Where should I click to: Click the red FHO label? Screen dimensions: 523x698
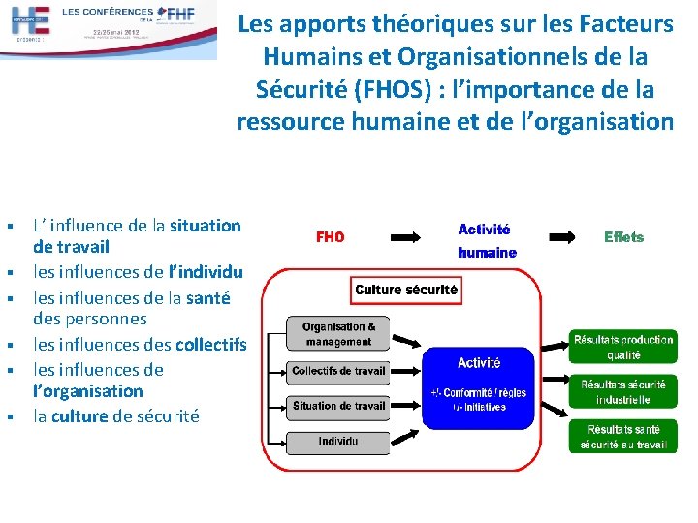(x=331, y=237)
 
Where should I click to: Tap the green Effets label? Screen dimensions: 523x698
(x=623, y=237)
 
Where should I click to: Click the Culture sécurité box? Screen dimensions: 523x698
(x=406, y=290)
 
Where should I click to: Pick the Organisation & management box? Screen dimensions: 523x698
(x=338, y=334)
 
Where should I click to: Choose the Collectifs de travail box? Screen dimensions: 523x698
(x=338, y=370)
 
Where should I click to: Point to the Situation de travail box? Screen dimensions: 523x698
(x=338, y=407)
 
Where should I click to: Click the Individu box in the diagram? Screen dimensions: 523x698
(x=338, y=442)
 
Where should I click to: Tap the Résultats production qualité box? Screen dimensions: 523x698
(x=622, y=347)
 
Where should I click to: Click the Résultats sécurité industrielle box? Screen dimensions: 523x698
(x=622, y=392)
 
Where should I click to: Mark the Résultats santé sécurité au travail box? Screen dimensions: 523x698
(x=622, y=438)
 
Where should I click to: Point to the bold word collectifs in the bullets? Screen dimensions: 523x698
(x=208, y=344)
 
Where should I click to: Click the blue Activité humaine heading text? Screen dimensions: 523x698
(x=486, y=240)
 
